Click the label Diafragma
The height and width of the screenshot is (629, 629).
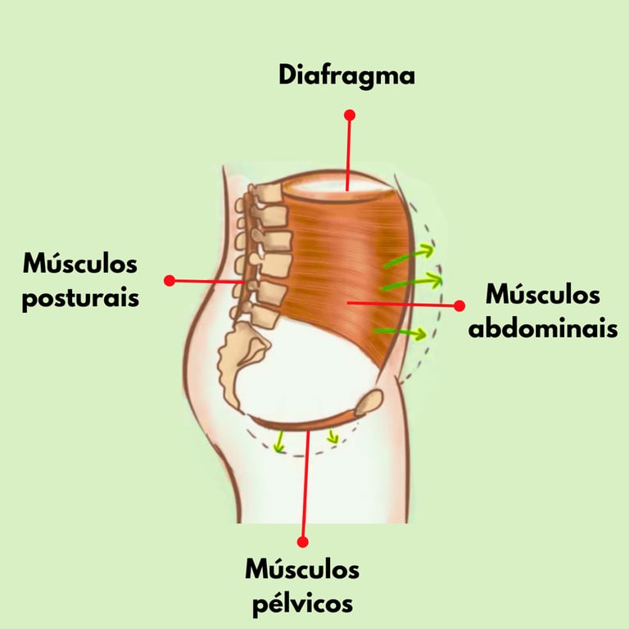[346, 75]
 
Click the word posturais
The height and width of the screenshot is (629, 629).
[80, 296]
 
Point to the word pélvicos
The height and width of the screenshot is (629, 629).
[301, 603]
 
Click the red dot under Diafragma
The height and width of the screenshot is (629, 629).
[350, 115]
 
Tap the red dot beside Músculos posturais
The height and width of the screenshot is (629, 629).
[170, 280]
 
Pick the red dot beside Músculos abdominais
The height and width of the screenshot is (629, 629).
[459, 305]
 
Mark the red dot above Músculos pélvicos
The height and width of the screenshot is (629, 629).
[302, 541]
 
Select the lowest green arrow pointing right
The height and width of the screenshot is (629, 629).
[401, 332]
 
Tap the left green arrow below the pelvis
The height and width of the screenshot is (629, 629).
[279, 442]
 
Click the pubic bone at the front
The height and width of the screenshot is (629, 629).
[369, 401]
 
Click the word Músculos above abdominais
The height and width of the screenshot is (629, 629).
[542, 295]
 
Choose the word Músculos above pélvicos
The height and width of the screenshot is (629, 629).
[301, 570]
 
